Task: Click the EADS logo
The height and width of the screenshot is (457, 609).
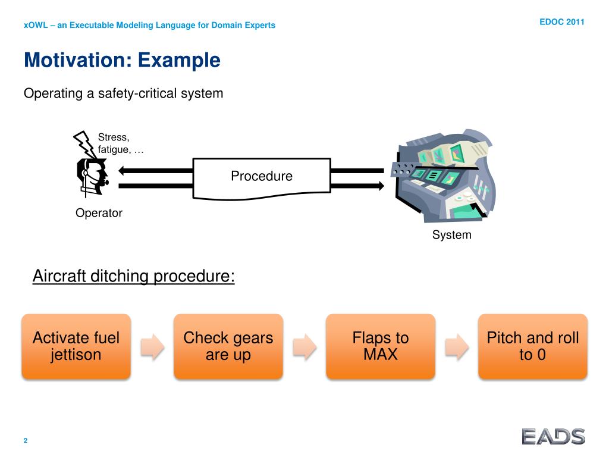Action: pos(553,436)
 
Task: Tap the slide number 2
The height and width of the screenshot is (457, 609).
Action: pos(26,440)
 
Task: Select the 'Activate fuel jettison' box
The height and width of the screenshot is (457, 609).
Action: pos(76,346)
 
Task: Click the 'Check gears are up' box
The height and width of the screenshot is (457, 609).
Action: pos(228,346)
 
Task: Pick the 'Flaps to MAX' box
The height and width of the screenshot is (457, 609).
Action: pos(381,346)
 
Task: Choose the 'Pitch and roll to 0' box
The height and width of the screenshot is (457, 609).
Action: pos(533,346)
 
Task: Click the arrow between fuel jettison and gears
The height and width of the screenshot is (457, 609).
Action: pos(152,346)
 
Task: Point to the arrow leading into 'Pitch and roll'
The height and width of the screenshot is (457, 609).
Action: pos(457,346)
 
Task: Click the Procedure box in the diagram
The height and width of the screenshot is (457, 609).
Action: pos(262,177)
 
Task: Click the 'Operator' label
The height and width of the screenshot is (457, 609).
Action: pos(99,213)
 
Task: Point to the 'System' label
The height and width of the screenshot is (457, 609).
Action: pos(451,235)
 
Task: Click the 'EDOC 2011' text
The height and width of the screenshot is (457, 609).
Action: pos(562,22)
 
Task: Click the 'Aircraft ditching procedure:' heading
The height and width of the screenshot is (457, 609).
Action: pos(133,276)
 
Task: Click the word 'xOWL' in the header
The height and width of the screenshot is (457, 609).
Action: pos(34,26)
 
